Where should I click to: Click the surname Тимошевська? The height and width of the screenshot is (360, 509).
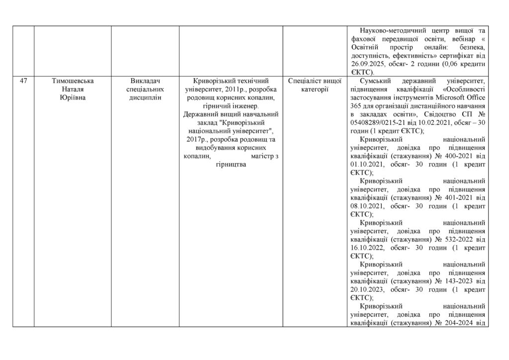click(73, 81)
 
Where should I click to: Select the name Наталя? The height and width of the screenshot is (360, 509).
click(73, 89)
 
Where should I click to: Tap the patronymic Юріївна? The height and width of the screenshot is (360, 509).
click(73, 97)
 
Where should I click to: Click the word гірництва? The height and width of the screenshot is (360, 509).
click(230, 165)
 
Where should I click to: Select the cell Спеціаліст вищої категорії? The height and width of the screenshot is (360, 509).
click(315, 85)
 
